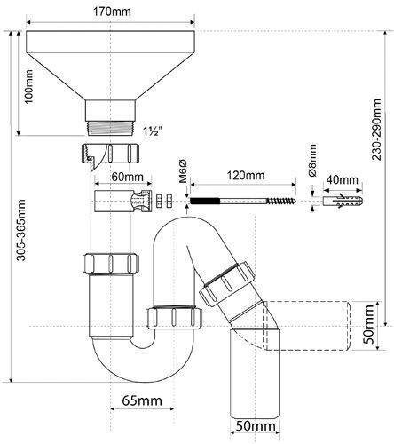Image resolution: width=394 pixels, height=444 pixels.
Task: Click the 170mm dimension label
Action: point(112,12)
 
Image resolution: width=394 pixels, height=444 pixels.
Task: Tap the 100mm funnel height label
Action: point(29,86)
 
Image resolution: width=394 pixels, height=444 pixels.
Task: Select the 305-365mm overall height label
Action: point(21,230)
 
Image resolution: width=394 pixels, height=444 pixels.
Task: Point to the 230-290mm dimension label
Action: point(376,130)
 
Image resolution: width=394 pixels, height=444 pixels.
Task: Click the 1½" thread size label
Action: point(153,131)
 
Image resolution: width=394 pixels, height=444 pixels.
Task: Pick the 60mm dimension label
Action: point(128,177)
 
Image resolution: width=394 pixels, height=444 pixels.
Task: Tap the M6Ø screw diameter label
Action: point(183,171)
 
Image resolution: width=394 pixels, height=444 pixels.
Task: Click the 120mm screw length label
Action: point(246,175)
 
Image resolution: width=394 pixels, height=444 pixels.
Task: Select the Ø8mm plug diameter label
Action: point(311,161)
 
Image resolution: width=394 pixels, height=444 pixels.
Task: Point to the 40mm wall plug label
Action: point(342,179)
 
